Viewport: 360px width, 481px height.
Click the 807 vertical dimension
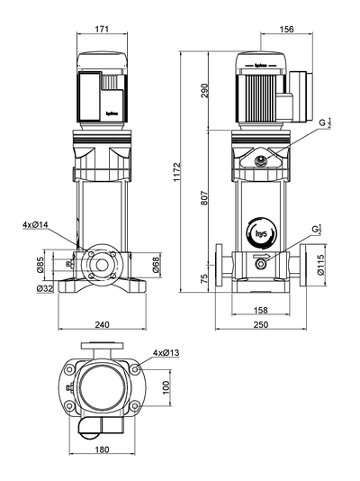coord(204,202)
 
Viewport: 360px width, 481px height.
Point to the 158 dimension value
coord(261,311)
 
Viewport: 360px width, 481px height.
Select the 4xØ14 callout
coord(36,223)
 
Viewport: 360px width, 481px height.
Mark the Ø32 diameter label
coord(44,288)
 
